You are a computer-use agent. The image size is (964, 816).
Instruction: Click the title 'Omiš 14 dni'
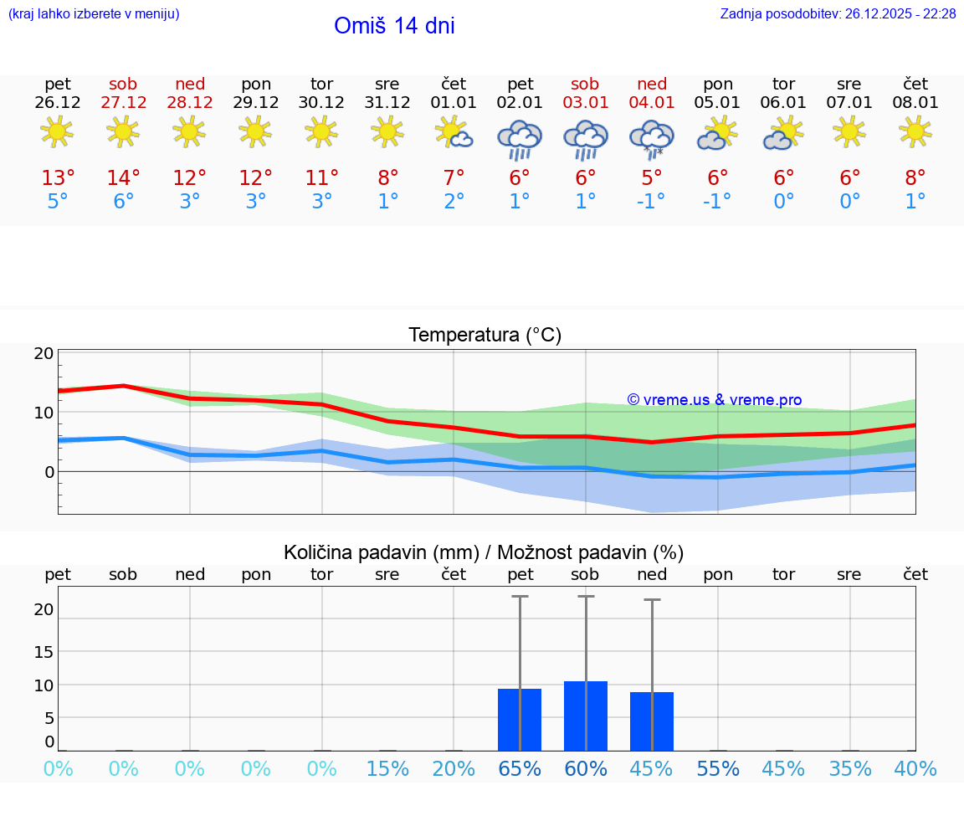point(394,26)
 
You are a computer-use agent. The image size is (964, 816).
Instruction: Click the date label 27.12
point(123,103)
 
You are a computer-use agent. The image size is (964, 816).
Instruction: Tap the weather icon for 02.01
point(520,139)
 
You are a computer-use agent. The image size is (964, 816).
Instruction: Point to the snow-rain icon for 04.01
point(652,139)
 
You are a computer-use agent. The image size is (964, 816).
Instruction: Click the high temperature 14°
point(123,178)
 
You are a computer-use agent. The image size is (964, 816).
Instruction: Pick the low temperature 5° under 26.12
point(58,202)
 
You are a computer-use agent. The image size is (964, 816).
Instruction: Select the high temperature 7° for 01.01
point(454,178)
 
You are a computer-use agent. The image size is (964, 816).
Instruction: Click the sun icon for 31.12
point(387,131)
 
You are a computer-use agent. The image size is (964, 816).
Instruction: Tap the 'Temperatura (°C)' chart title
point(485,336)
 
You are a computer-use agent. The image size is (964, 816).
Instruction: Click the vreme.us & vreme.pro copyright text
point(714,400)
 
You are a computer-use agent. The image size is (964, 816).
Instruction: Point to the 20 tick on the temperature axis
point(44,354)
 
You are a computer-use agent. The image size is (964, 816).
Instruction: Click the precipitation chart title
point(484,552)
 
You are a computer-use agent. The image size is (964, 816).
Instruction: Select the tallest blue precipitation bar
point(586,716)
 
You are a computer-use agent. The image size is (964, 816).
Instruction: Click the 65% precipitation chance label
point(520,769)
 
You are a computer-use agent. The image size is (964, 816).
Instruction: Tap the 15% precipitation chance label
point(387,769)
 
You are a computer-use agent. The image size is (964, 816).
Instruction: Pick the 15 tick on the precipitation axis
point(44,652)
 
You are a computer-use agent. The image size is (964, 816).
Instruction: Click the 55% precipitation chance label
point(718,769)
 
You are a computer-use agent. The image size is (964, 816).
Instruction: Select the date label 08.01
point(915,103)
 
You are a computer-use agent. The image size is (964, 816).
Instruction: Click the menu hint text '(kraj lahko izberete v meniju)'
point(94,14)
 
